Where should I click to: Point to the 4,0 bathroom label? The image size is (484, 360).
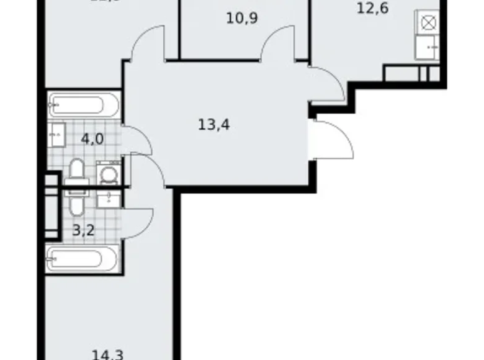[x=91, y=138]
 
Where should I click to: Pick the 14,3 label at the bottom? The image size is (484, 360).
[x=107, y=354]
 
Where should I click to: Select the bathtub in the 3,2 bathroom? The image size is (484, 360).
[x=82, y=257]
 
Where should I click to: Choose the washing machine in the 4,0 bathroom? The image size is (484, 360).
[x=109, y=174]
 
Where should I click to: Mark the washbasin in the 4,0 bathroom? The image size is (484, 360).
[x=56, y=132]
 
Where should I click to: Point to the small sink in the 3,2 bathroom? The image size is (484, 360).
[x=109, y=198]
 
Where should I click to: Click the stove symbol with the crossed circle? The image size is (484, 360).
[x=428, y=24]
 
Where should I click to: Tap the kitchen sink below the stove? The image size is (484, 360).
[x=428, y=48]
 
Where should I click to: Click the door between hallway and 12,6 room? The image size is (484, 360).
[x=326, y=84]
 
